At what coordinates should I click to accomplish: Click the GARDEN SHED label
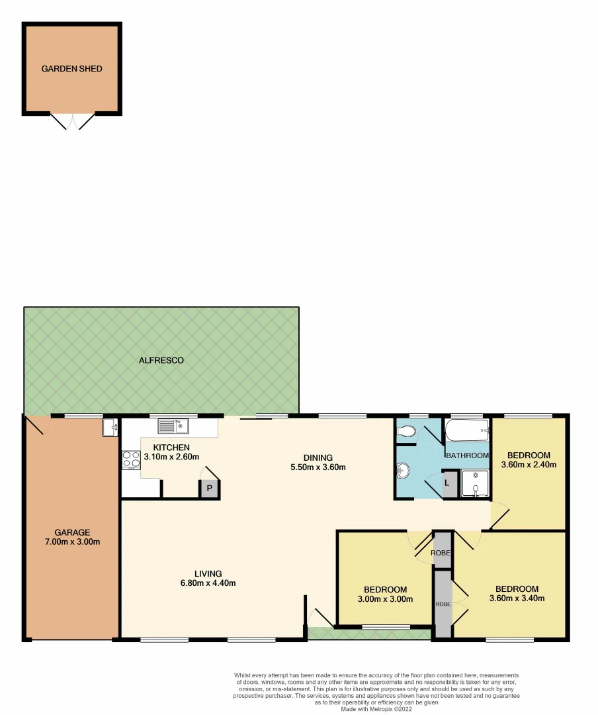tap(72, 69)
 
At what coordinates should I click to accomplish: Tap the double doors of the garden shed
tap(73, 121)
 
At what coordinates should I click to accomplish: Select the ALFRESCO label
tap(161, 361)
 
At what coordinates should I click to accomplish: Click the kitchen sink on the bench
tap(173, 427)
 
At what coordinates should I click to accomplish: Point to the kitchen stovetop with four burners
tap(130, 459)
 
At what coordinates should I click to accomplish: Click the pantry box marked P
tap(210, 489)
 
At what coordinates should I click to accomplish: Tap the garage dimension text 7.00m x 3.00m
tap(73, 542)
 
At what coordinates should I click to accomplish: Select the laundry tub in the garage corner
tap(110, 428)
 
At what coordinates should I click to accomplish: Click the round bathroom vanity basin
tap(403, 471)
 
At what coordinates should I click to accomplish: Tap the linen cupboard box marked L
tap(447, 483)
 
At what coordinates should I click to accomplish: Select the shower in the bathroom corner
tap(475, 483)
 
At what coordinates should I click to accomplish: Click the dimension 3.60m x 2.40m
tap(529, 465)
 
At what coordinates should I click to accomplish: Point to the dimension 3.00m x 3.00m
tap(385, 600)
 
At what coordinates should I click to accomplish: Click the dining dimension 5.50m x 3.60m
tap(318, 467)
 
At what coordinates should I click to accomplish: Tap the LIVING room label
tap(208, 573)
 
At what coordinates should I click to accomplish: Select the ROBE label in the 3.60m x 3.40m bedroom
tap(442, 604)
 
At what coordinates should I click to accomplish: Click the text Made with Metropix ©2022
tap(377, 708)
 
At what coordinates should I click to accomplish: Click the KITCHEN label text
tap(171, 448)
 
